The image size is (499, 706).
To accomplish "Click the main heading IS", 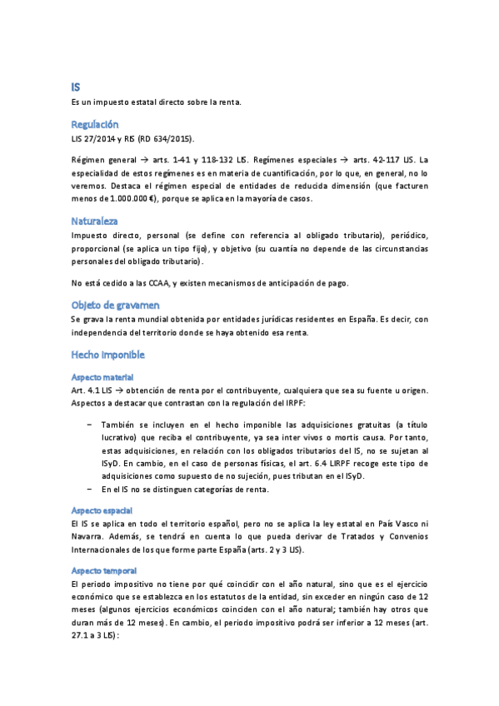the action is pos(76,87).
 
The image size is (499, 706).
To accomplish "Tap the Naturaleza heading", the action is pos(94,221).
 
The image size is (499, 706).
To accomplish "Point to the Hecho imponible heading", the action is pos(108,355).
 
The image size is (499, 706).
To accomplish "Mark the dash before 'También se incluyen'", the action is pos(89,424).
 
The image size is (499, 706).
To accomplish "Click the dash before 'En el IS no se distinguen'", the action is pos(89,490).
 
